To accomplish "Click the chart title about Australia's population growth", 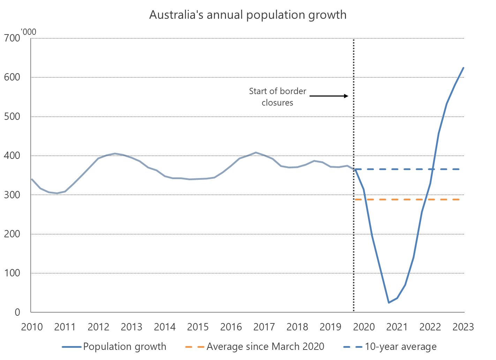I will coord(248,15).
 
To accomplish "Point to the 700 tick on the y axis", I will coord(13,38).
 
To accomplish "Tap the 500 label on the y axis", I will coord(13,116).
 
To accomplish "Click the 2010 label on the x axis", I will coord(32,327).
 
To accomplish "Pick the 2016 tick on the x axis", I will coord(231,327).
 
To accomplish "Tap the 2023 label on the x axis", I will coord(463,327).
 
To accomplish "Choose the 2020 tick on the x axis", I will coord(364,327).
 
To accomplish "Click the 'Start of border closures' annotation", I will coord(278,97).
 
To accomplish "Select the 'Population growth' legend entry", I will coord(125,347).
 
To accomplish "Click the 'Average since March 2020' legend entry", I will coord(265,347).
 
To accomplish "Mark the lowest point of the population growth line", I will coord(389,302).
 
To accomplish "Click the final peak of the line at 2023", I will coord(464,68).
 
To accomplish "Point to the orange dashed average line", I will coord(408,199).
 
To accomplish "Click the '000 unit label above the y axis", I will coord(29,32).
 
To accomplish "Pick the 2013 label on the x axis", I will coord(131,327).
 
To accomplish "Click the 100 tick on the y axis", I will coord(13,273).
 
